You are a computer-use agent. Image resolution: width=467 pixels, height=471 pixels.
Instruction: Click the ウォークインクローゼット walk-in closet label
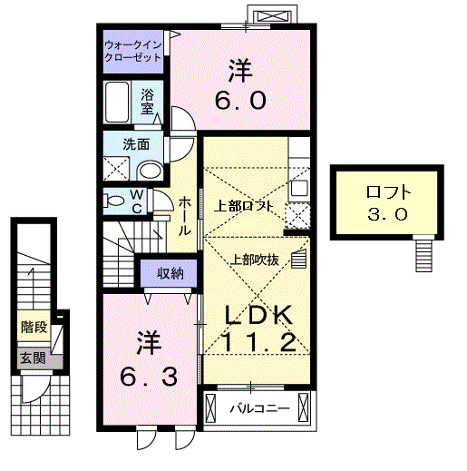[132, 50]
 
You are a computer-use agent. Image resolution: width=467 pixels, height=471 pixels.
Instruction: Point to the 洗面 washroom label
[135, 142]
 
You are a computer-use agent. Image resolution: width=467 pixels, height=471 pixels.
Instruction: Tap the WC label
[134, 201]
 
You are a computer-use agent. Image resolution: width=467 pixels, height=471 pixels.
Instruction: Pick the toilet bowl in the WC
[112, 201]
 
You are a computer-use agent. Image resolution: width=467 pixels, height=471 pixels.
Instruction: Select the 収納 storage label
[169, 273]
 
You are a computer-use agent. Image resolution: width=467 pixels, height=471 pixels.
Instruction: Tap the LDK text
[258, 315]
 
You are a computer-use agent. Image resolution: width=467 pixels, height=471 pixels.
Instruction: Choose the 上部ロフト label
[243, 206]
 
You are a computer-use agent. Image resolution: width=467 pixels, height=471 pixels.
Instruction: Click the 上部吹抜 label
[255, 259]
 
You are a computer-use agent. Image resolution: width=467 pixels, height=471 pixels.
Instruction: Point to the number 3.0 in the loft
[387, 214]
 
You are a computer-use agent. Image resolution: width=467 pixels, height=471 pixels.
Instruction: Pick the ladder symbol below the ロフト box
[424, 253]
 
